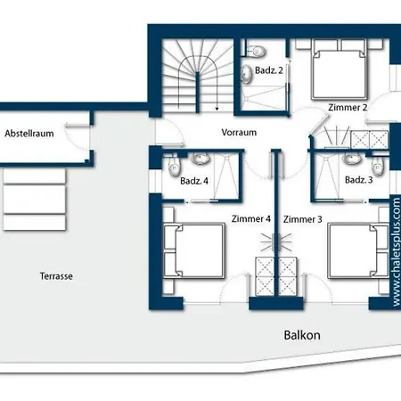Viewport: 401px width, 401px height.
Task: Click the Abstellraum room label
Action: pyautogui.click(x=29, y=134)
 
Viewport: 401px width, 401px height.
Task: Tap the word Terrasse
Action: pyautogui.click(x=56, y=276)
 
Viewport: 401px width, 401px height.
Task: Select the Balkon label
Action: pyautogui.click(x=302, y=335)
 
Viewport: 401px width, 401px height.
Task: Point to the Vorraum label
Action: pyautogui.click(x=239, y=132)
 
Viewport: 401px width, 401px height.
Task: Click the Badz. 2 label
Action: pyautogui.click(x=269, y=70)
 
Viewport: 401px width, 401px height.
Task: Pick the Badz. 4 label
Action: pyautogui.click(x=194, y=181)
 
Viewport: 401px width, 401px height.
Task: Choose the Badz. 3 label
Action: pyautogui.click(x=359, y=179)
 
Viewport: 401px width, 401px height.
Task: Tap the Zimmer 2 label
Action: pyautogui.click(x=348, y=107)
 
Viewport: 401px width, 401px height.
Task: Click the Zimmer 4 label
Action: pyautogui.click(x=251, y=219)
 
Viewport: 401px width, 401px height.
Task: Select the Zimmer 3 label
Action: pyautogui.click(x=303, y=219)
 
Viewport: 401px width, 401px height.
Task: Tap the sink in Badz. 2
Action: pyautogui.click(x=246, y=73)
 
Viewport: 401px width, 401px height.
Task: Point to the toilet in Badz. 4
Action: pyautogui.click(x=174, y=167)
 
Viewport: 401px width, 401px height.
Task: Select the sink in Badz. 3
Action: pyautogui.click(x=352, y=159)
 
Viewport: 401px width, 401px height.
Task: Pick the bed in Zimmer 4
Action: pyautogui.click(x=194, y=251)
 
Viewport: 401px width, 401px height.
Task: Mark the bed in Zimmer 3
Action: pyautogui.click(x=358, y=251)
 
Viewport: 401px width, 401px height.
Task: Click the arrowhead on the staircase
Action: pyautogui.click(x=217, y=109)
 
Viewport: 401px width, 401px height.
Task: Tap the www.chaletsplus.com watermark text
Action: pyautogui.click(x=397, y=252)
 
